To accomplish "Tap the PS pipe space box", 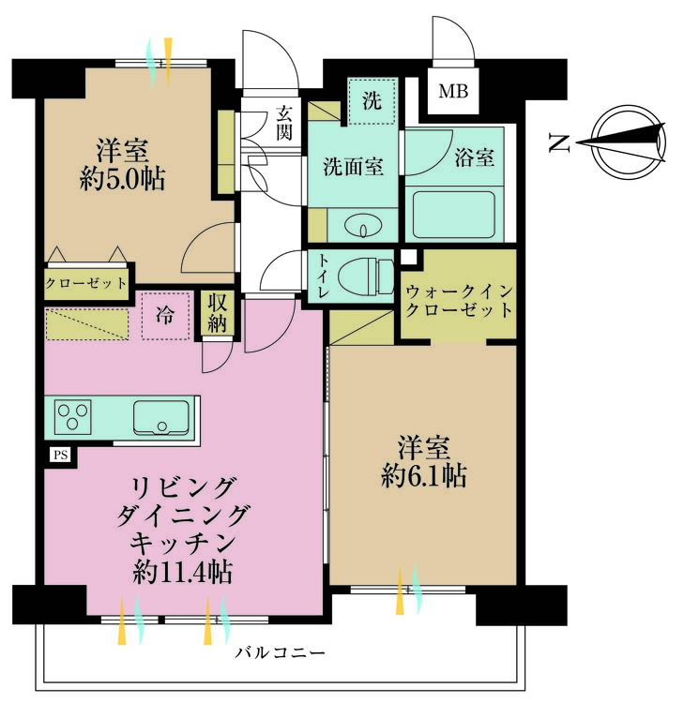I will (59, 456).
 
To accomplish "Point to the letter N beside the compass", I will (560, 143).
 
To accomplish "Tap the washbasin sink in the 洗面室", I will (361, 226).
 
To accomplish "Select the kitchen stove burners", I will (72, 415).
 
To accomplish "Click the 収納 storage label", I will (218, 314).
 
